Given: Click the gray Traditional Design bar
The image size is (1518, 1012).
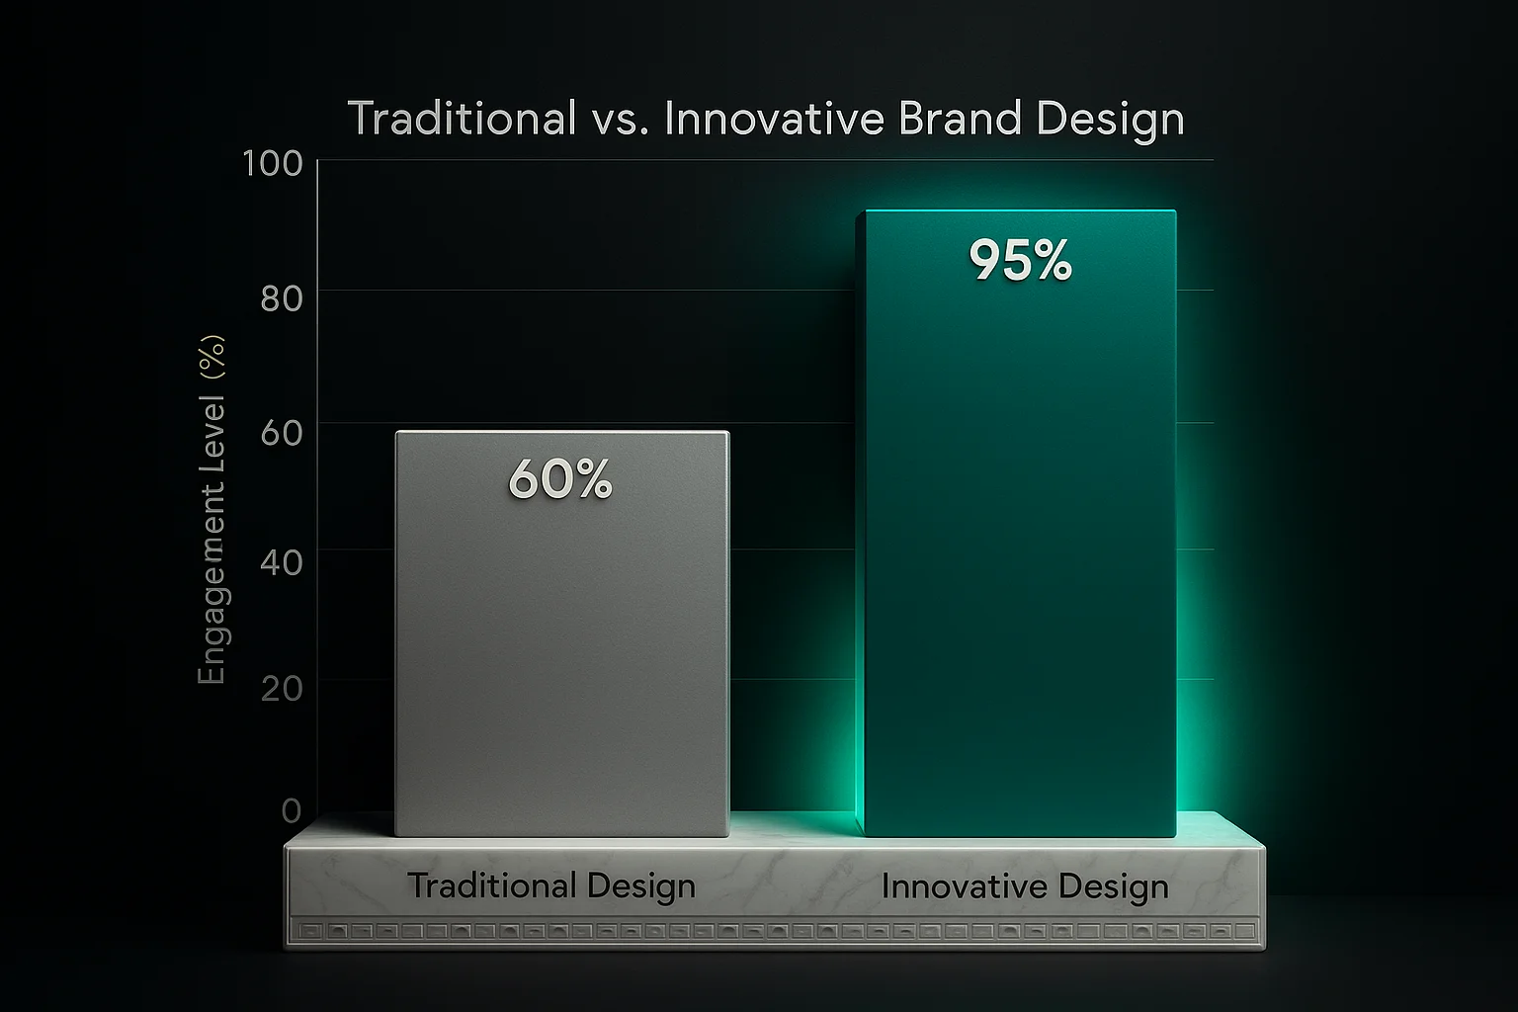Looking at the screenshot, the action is [x=562, y=633].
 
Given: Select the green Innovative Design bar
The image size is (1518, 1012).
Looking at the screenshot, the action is [x=1016, y=523].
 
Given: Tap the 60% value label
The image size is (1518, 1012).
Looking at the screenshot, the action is [x=559, y=479].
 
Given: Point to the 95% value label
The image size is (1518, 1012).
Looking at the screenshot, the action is [x=1021, y=260].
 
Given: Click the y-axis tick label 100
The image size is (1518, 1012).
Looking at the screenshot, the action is [x=273, y=163].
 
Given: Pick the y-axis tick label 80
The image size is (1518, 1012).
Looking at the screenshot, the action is [x=282, y=298].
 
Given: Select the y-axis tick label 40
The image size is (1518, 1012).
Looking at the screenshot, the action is [x=282, y=562].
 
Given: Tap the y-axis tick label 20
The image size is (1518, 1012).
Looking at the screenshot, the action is [x=282, y=689].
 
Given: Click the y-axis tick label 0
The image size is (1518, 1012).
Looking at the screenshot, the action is [x=292, y=810].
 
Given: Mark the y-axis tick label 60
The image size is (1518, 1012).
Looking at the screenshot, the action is [x=282, y=433].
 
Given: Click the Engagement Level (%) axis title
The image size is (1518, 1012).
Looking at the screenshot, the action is [x=211, y=510].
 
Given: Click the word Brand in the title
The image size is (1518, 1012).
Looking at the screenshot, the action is [x=960, y=119].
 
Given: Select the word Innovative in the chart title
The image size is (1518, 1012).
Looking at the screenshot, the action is [x=775, y=119].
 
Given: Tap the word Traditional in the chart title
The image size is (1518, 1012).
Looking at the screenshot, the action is [x=463, y=119].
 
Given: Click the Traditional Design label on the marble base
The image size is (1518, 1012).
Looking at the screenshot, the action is [x=550, y=886].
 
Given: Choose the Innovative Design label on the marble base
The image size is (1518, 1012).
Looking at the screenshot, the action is [x=1025, y=886].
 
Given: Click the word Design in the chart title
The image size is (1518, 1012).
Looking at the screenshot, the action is [x=1110, y=121].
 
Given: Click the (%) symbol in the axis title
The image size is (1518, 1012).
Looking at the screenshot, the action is [x=211, y=357].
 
